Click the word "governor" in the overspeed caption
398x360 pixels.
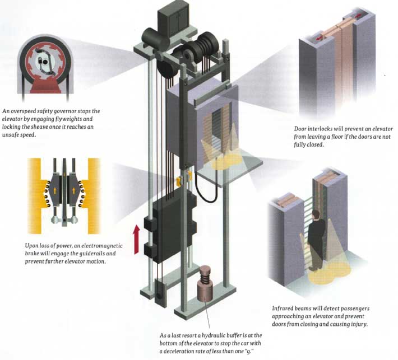72,111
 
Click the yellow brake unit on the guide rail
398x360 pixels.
183,180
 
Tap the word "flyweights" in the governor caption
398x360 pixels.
99,119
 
